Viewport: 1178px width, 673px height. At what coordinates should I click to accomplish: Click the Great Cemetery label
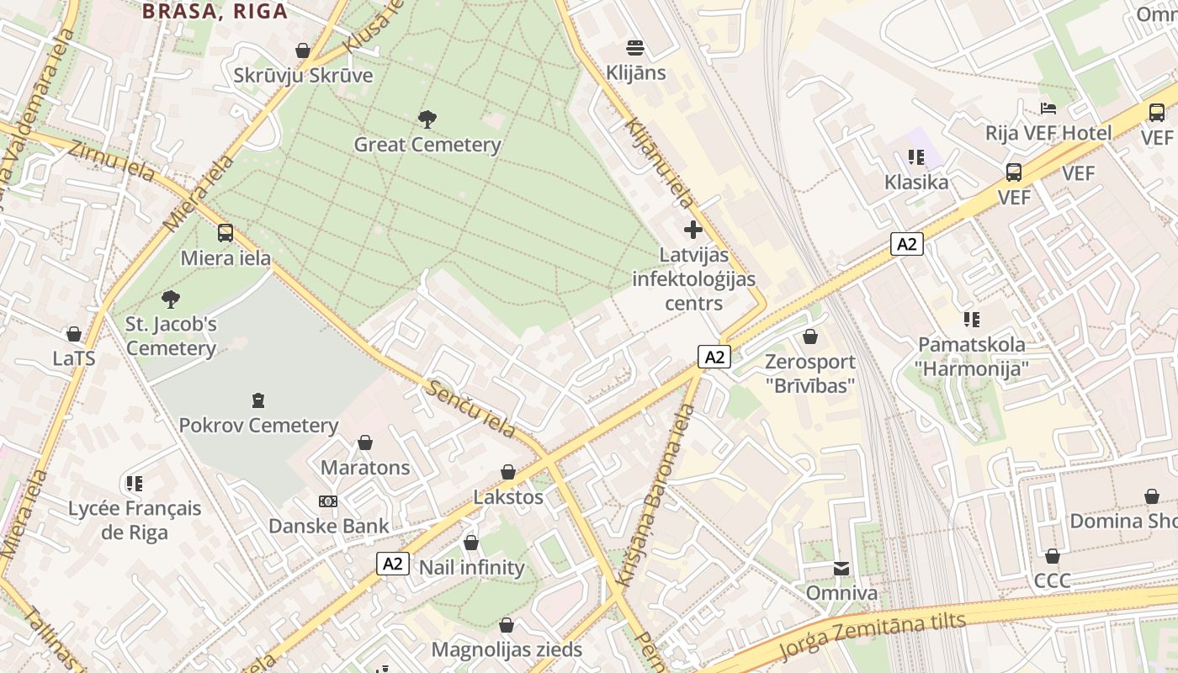[x=427, y=145]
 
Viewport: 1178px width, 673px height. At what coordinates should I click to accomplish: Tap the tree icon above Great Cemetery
[x=427, y=119]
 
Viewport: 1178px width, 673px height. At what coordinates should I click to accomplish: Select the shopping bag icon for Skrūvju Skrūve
[x=303, y=50]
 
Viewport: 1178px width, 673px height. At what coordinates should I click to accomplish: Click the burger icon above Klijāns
[x=635, y=47]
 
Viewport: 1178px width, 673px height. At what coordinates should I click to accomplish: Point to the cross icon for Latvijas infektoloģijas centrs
[x=693, y=229]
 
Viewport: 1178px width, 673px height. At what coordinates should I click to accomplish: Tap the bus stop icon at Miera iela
[x=226, y=233]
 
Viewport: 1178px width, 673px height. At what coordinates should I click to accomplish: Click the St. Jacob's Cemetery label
[x=172, y=336]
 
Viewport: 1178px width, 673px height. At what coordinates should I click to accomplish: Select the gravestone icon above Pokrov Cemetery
[x=258, y=400]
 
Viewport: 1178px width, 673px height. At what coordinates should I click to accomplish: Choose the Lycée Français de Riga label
[x=135, y=520]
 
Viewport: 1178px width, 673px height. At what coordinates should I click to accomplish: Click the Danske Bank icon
[x=328, y=501]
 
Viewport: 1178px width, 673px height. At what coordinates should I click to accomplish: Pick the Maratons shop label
[x=365, y=468]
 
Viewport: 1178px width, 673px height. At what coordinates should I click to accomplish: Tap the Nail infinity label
[x=471, y=568]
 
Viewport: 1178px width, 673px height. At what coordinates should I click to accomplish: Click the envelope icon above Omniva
[x=841, y=569]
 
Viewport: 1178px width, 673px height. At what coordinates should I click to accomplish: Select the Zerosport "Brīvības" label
[x=810, y=374]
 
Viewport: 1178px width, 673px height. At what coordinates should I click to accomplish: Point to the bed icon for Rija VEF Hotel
[x=1048, y=108]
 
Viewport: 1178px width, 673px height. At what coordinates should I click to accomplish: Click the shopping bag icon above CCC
[x=1052, y=556]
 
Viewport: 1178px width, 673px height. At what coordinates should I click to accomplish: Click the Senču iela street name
[x=471, y=410]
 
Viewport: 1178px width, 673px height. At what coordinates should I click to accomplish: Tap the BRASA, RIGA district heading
[x=215, y=11]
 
